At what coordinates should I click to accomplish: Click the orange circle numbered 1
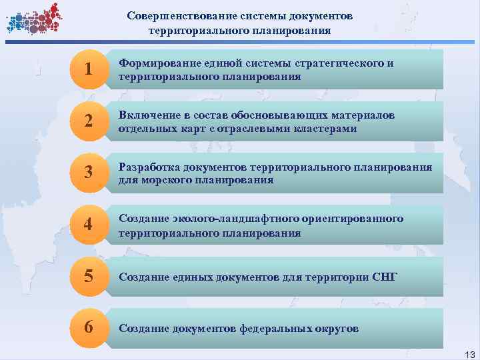(x=88, y=69)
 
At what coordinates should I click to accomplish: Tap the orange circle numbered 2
(x=88, y=121)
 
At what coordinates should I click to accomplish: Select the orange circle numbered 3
(x=88, y=173)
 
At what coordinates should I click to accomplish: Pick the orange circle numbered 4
(x=88, y=225)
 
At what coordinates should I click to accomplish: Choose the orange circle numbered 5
(x=88, y=277)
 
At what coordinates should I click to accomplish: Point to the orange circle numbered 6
(x=88, y=328)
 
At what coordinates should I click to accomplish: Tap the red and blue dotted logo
(x=33, y=19)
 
